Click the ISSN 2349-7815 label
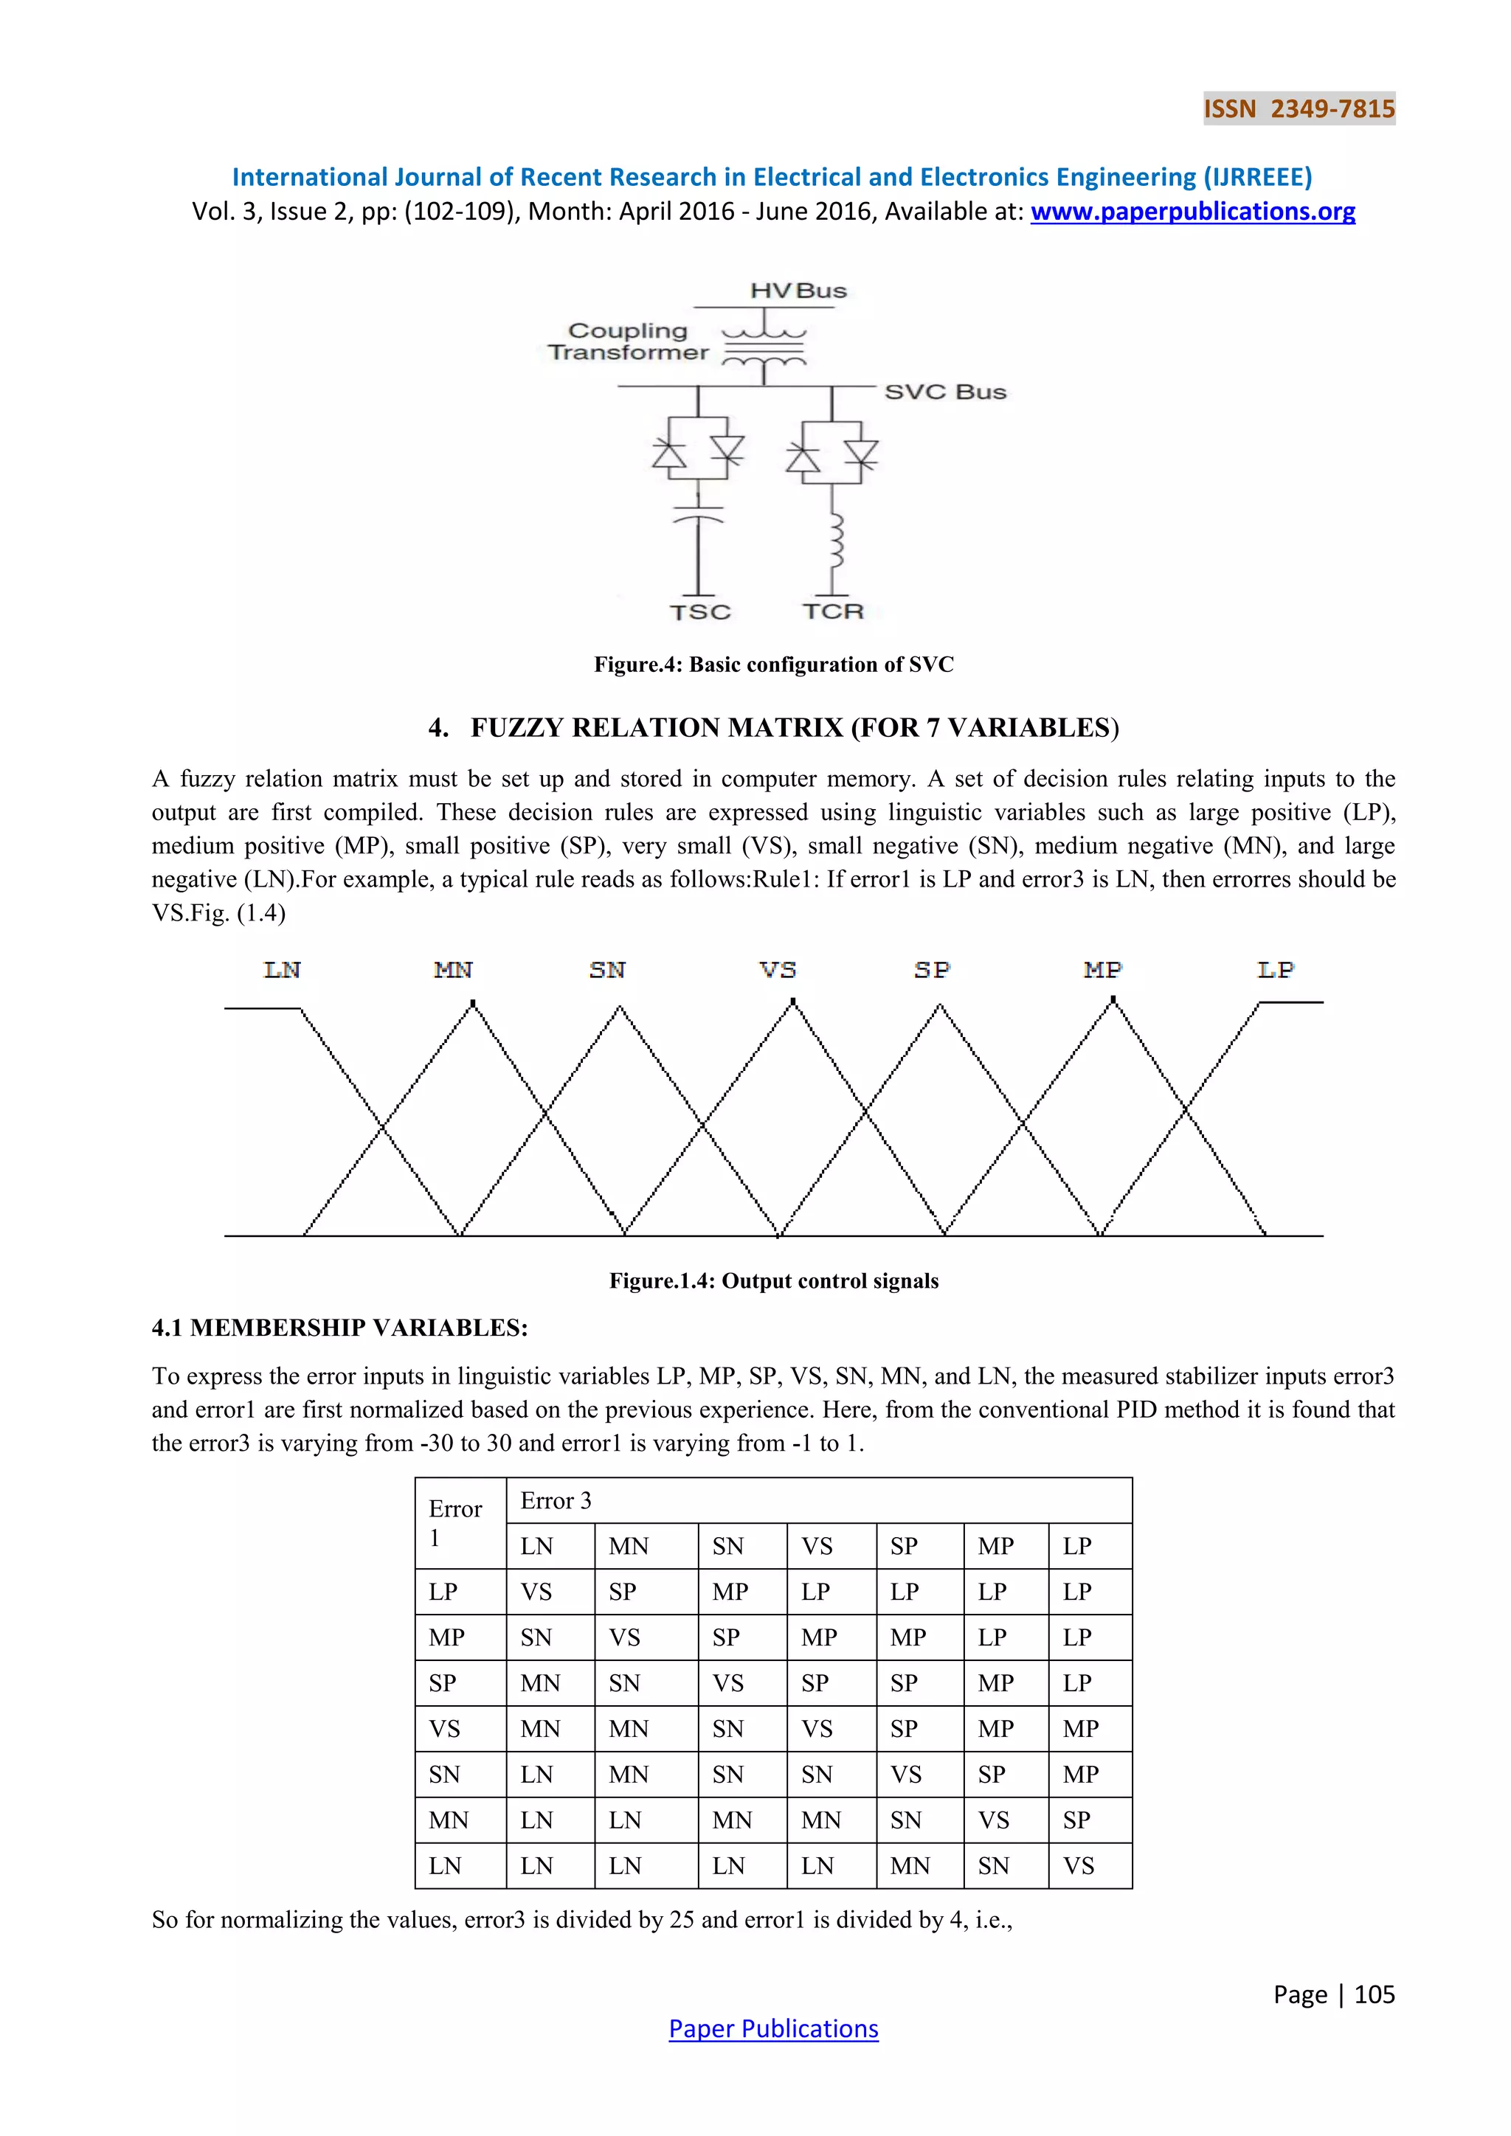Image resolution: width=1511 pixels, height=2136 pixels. [1299, 109]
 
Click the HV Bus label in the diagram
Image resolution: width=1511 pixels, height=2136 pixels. [798, 291]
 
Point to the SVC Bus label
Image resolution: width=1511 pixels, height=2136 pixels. [945, 392]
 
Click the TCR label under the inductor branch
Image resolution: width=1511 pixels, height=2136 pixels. [834, 611]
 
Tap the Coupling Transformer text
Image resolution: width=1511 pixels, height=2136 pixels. [628, 341]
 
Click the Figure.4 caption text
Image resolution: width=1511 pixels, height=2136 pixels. [773, 665]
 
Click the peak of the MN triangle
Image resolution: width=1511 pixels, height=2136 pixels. [473, 1004]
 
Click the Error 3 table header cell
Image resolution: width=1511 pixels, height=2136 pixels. [556, 1501]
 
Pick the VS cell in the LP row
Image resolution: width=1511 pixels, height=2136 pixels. [537, 1592]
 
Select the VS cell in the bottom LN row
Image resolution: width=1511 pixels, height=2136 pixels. [1079, 1866]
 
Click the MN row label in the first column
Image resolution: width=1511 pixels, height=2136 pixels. [449, 1820]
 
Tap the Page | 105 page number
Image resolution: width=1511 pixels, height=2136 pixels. [1333, 1994]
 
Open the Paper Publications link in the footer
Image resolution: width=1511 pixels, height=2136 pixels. [773, 2029]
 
